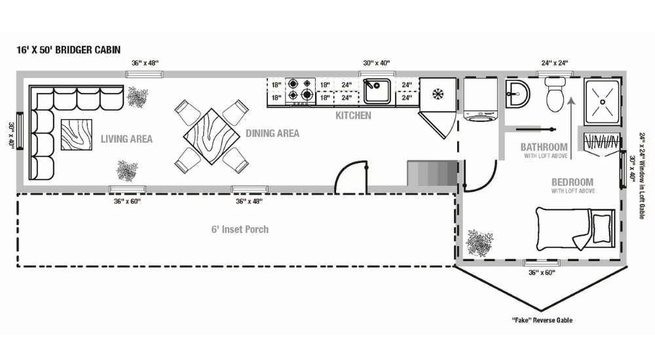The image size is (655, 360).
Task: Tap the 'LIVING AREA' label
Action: tap(126, 139)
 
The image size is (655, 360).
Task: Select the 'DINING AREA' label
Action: tap(272, 134)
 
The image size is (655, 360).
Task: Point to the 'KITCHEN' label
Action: tap(353, 116)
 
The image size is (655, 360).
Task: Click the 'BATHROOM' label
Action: tap(544, 147)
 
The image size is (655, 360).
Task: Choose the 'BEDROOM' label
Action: tap(572, 182)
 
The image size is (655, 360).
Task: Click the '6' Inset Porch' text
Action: tap(240, 229)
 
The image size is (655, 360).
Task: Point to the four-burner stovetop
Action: tap(301, 91)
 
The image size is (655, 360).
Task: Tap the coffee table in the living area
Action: tap(77, 136)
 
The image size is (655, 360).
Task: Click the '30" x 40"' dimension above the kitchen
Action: tap(377, 63)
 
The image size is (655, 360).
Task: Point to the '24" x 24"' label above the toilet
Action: tap(554, 63)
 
